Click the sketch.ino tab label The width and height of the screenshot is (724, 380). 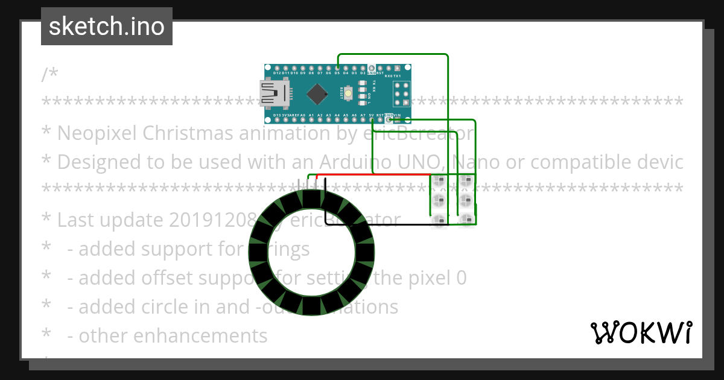[x=107, y=27]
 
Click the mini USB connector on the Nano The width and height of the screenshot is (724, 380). [x=274, y=93]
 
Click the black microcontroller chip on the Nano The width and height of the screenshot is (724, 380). [x=317, y=93]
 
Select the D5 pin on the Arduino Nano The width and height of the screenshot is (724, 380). [x=337, y=68]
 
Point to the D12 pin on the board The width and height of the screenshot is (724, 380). [x=276, y=68]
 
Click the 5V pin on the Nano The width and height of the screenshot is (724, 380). [x=372, y=120]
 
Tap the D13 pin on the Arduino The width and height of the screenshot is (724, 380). [x=276, y=120]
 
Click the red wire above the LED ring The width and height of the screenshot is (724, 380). [x=374, y=176]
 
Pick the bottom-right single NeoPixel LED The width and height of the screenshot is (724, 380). [x=465, y=221]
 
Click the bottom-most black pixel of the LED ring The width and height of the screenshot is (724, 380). [x=311, y=306]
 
